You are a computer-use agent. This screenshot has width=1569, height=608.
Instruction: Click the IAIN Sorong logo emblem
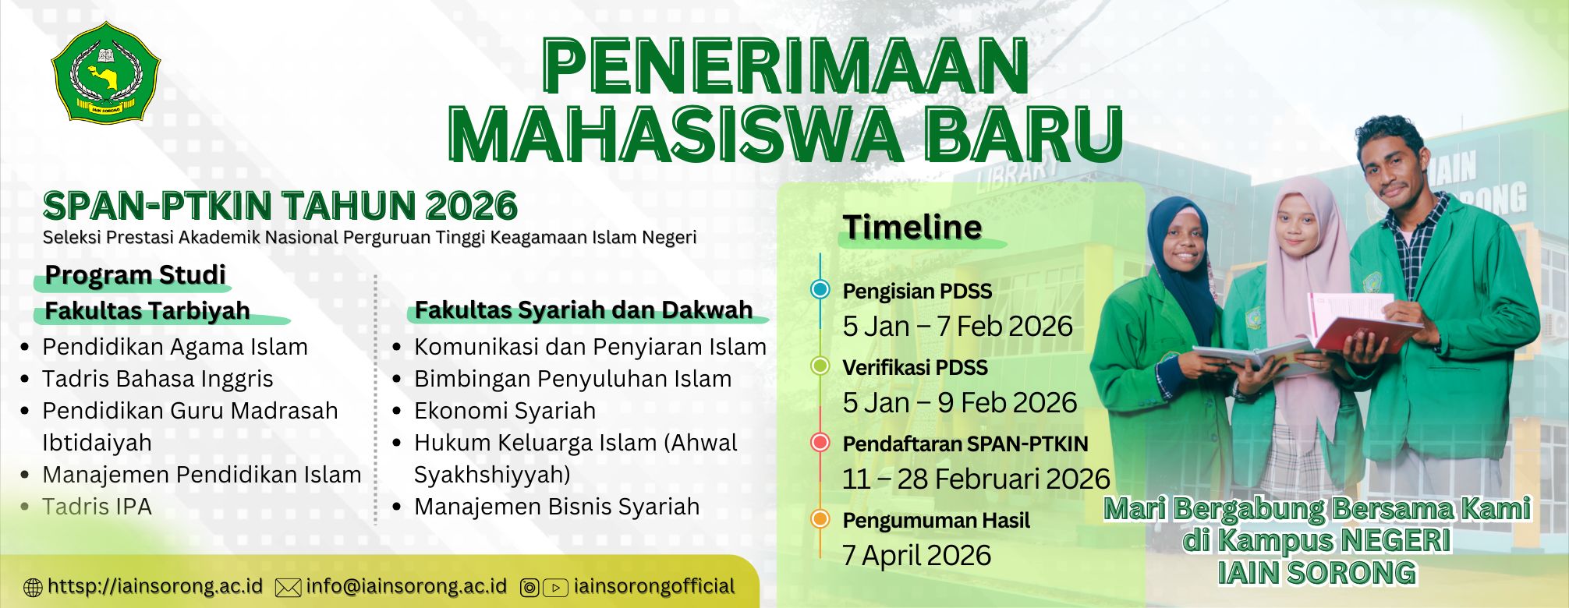point(105,72)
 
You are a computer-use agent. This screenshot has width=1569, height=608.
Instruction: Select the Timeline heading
point(912,227)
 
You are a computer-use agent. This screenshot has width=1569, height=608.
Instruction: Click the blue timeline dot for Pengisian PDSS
point(820,290)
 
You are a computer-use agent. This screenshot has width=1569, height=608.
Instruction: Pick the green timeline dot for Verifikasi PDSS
point(820,366)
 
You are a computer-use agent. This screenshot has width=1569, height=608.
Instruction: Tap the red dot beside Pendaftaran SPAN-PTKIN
point(820,443)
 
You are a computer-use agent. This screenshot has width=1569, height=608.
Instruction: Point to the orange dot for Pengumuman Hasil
point(820,519)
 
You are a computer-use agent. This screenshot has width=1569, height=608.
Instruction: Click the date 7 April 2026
point(916,555)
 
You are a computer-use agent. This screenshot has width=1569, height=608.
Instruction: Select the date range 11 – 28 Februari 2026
point(976,479)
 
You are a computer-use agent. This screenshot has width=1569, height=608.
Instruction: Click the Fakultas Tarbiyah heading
point(147,310)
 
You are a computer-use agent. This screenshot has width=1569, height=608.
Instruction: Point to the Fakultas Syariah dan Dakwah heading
point(583,309)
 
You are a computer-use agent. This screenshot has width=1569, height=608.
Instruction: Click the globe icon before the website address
point(34,588)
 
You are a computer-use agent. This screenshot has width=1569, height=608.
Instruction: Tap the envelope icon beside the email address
point(289,588)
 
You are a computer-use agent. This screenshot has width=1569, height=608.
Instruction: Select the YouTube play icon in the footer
point(555,588)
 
